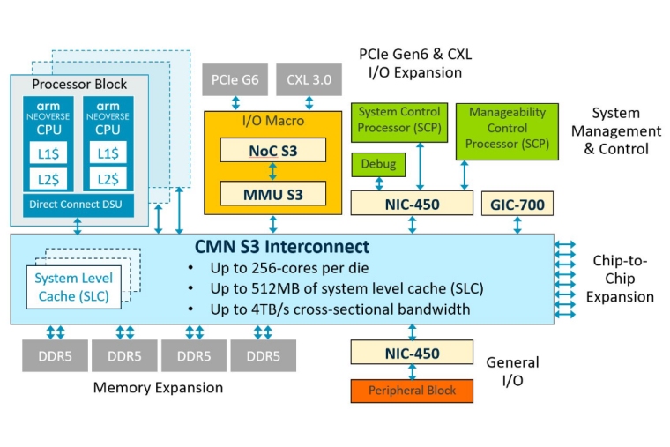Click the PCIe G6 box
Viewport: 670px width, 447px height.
[234, 80]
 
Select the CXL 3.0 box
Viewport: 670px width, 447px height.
[309, 80]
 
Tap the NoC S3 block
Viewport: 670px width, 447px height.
[272, 150]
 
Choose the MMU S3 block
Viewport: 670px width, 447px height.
[272, 192]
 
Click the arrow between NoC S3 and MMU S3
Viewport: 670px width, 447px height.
[272, 171]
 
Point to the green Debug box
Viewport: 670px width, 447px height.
[378, 164]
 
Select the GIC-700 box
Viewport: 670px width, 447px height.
[517, 205]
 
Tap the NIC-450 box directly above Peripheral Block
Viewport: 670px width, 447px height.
[412, 353]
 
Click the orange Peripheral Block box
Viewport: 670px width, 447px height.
[412, 390]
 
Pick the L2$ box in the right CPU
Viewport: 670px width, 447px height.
[108, 178]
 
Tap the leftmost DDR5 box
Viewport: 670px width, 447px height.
[55, 355]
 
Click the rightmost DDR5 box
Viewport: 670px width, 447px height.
[263, 355]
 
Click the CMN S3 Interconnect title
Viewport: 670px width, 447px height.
[281, 247]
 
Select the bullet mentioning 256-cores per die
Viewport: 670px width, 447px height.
[281, 268]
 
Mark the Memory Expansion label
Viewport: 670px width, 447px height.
[158, 387]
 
